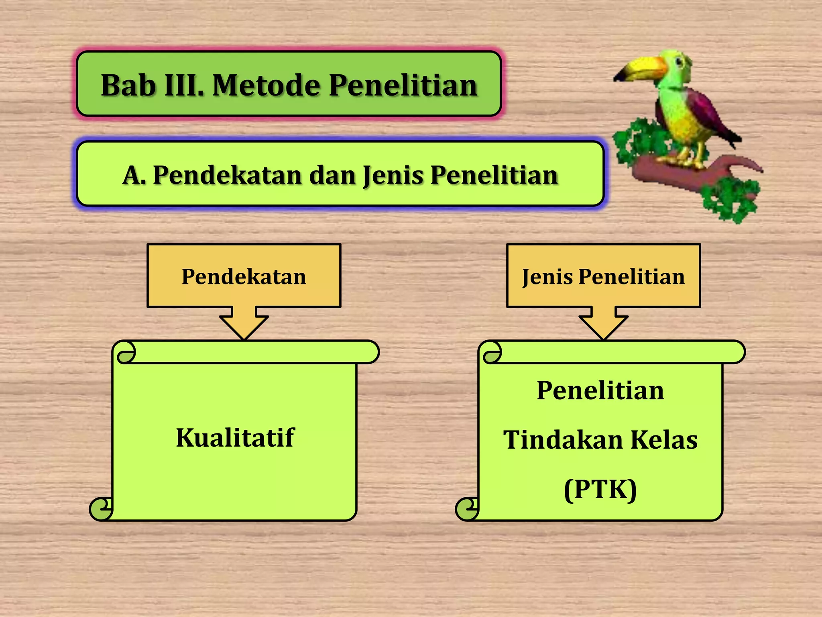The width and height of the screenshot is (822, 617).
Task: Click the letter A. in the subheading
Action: click(134, 176)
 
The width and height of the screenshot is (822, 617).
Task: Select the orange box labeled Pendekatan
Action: click(244, 276)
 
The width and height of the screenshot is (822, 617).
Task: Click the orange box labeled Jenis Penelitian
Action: click(603, 276)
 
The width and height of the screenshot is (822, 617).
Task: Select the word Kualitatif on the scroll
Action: click(235, 437)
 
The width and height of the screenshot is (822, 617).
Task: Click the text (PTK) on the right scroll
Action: click(600, 489)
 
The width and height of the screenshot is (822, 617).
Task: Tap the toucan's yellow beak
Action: click(642, 68)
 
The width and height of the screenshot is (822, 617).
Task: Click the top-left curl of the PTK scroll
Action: click(492, 353)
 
